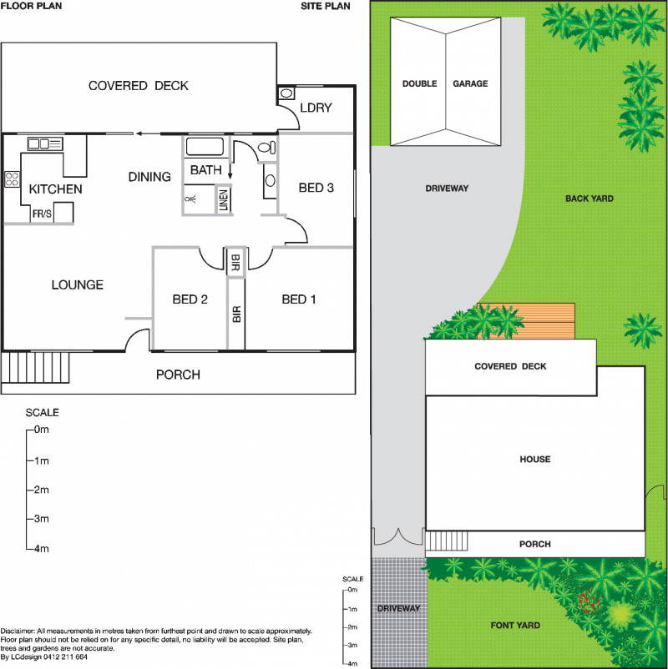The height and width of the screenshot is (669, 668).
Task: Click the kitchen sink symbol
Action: pos(45,143)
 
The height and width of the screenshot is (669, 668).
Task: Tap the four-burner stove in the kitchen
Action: pos(12,179)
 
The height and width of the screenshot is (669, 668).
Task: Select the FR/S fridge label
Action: pos(42,214)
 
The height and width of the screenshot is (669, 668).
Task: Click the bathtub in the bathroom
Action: pos(205,146)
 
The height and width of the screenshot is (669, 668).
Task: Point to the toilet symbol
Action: pos(267,148)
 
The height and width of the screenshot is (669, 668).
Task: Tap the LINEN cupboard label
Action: pos(224,200)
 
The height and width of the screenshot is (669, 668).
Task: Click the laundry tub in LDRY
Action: pos(286,93)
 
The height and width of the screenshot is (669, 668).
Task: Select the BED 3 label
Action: pos(316,188)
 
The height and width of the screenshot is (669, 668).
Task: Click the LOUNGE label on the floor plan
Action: pos(78,285)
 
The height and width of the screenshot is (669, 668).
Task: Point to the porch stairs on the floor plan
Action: pos(35,367)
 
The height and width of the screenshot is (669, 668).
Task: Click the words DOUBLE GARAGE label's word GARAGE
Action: pos(470,83)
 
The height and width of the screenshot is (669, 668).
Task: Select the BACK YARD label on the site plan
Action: pos(590,199)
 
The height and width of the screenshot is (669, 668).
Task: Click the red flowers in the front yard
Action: pos(590,601)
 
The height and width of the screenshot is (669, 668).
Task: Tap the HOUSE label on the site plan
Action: pos(535,459)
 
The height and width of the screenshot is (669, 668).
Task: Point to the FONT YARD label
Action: pos(515,625)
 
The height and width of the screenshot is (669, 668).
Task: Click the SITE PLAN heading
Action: pos(326,6)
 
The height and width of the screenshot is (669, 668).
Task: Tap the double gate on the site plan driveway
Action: pos(399,536)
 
